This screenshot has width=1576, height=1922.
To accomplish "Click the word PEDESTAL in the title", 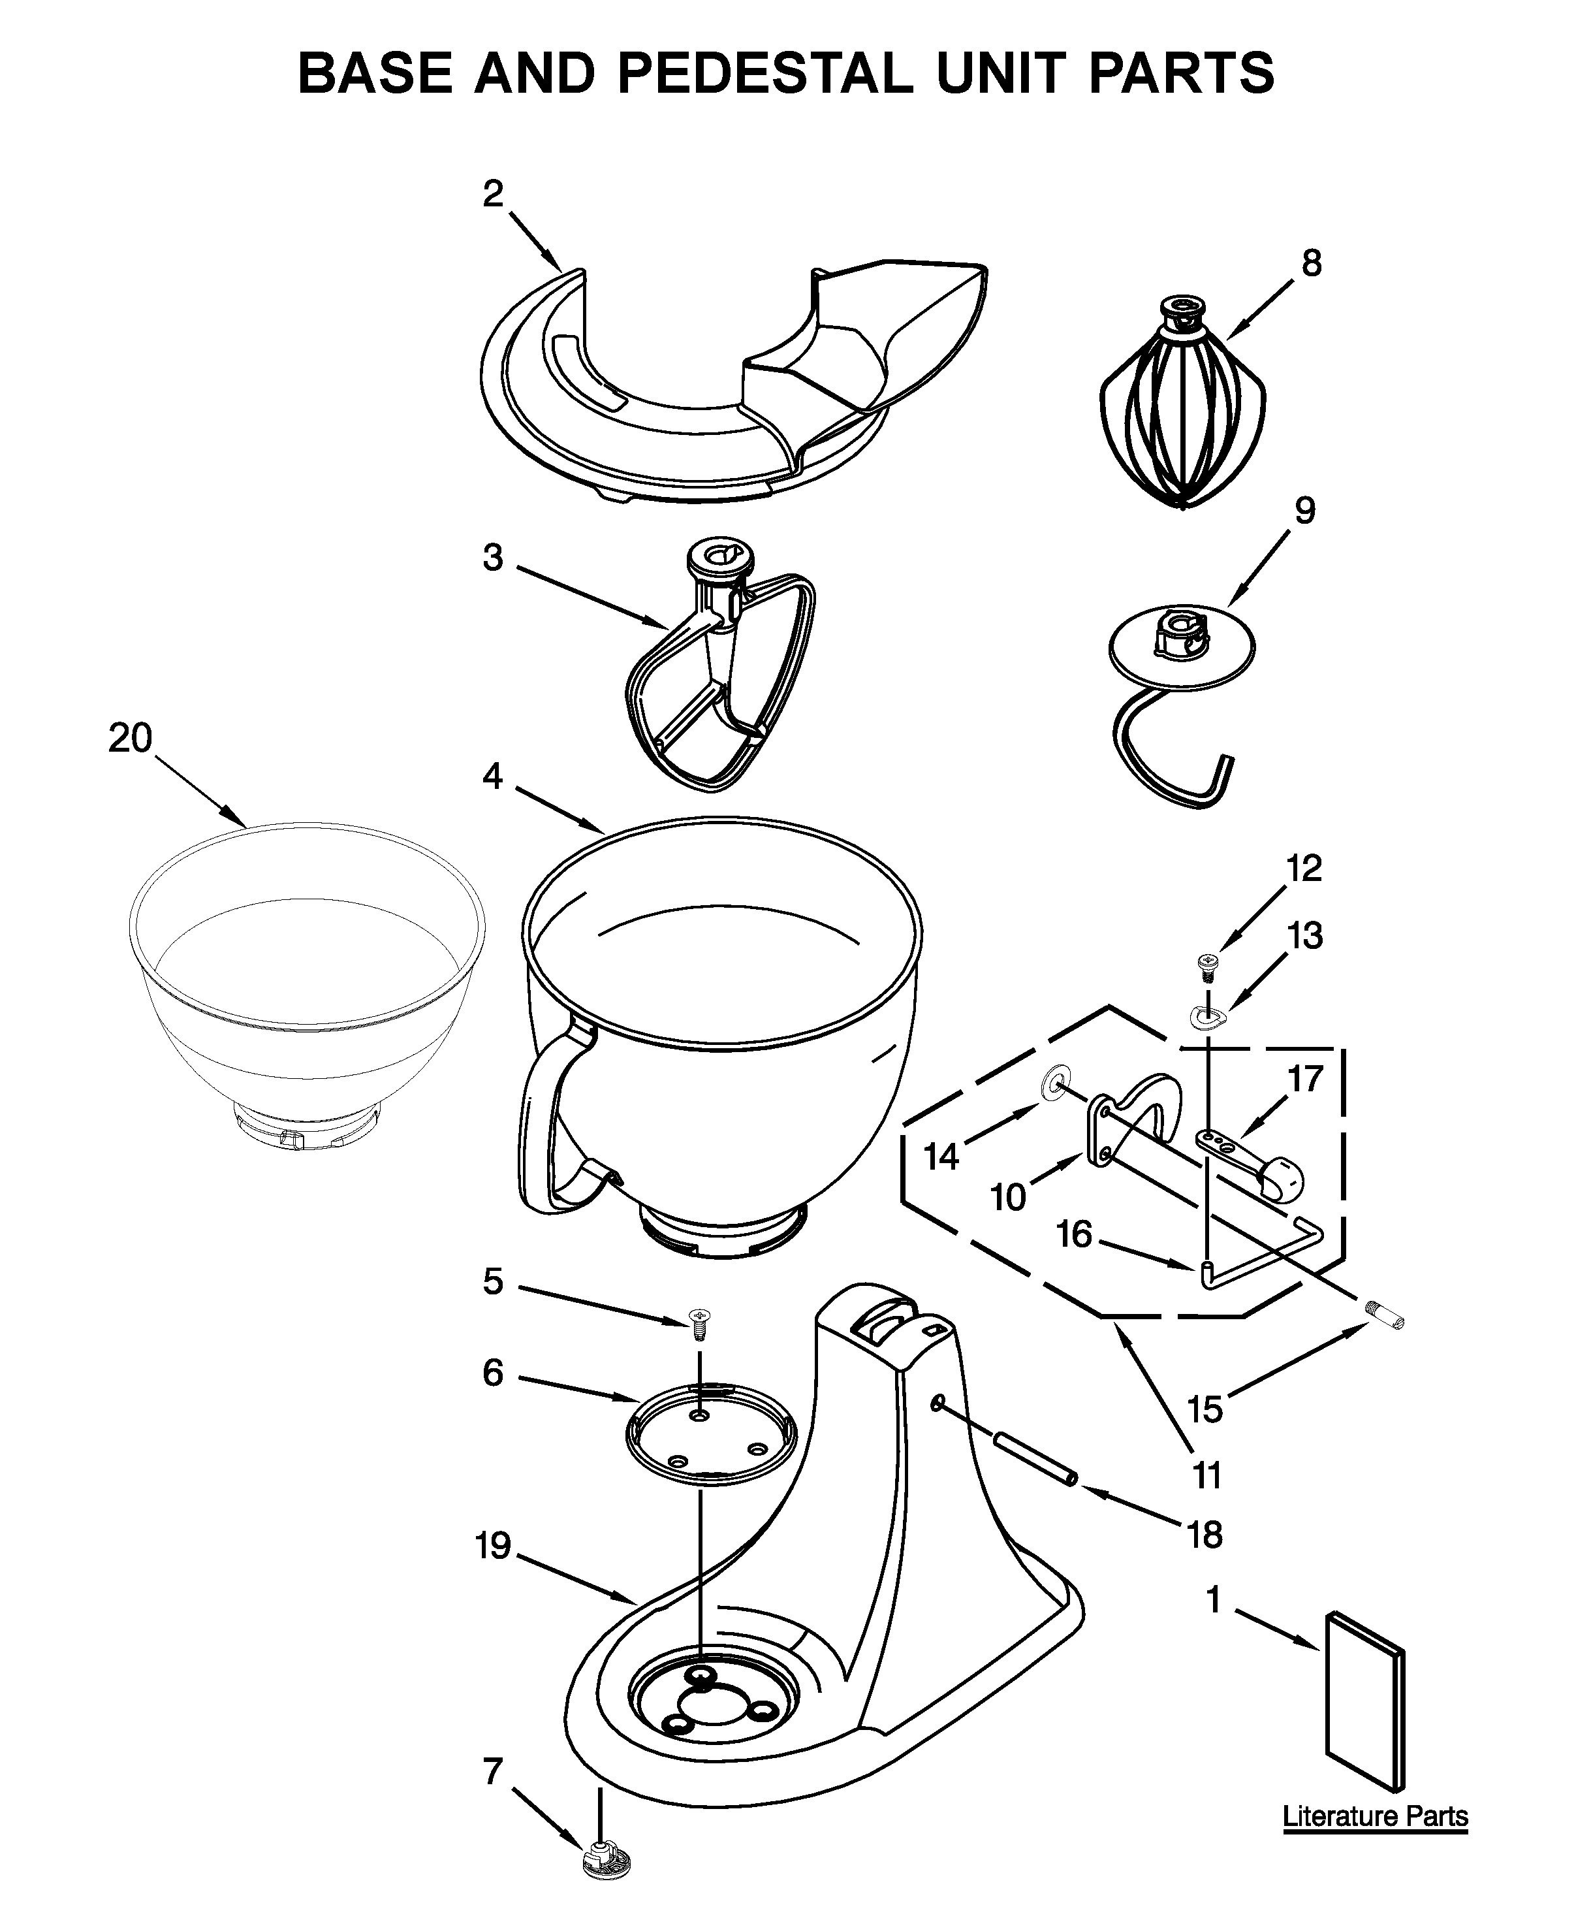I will (765, 74).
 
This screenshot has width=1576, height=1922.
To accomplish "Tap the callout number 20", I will (130, 738).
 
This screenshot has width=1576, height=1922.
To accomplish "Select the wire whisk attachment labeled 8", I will (1182, 409).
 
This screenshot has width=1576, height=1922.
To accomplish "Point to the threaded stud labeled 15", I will (1385, 1315).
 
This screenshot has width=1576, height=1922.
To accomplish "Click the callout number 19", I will (493, 1545).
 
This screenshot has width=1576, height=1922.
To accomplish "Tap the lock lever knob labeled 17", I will (1280, 1179).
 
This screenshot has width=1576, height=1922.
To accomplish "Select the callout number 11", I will (1206, 1475).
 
